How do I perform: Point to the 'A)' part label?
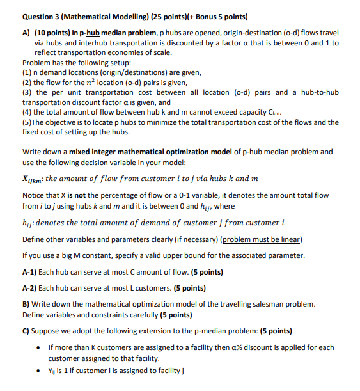tap(26, 32)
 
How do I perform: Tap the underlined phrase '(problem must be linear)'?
tap(263, 239)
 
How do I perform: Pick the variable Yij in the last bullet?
tap(52, 371)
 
